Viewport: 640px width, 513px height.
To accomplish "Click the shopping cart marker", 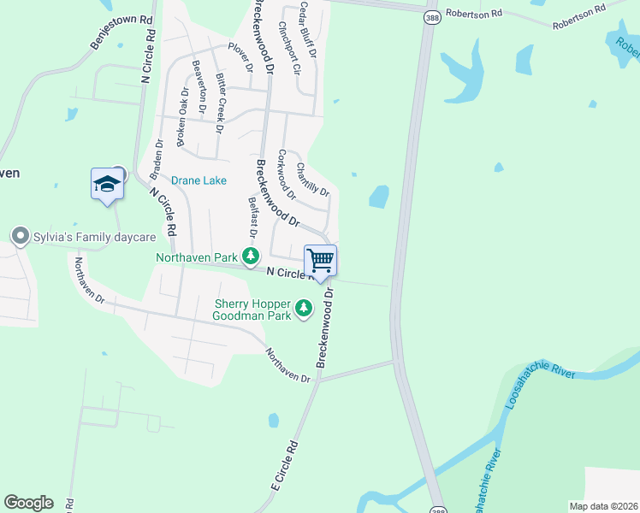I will click(320, 260).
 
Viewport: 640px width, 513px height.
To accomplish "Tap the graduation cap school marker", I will click(107, 184).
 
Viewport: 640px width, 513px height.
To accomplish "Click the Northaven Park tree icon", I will click(250, 256).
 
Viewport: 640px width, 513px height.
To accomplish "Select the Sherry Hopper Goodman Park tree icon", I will click(303, 308).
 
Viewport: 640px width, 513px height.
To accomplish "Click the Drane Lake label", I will click(199, 180).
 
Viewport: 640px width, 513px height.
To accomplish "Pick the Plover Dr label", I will click(240, 56).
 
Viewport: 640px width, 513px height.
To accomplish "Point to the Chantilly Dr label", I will click(312, 180).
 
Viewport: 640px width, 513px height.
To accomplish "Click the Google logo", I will click(28, 503).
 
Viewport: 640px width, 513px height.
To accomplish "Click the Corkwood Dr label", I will click(287, 174).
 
